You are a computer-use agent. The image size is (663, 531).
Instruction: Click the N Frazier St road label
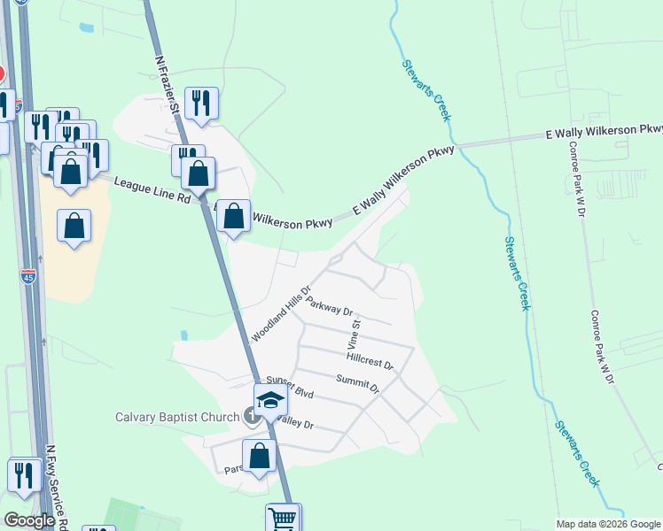[x=167, y=87]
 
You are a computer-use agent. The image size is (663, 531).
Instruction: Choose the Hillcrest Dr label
[x=370, y=358]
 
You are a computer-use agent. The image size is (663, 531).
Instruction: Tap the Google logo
[x=28, y=520]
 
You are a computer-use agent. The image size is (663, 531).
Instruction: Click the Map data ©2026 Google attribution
[x=608, y=524]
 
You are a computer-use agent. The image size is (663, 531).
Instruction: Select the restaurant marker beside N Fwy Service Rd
[x=25, y=475]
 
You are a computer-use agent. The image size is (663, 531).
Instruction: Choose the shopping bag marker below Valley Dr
[x=260, y=457]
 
